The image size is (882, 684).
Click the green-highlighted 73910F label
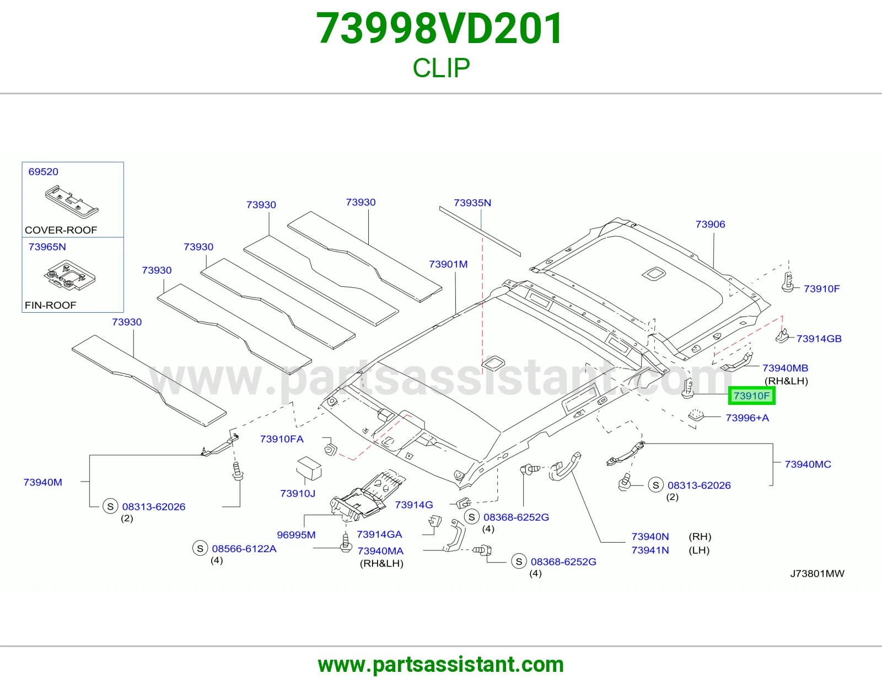point(752,396)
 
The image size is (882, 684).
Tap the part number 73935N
point(472,202)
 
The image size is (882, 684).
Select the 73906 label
point(711,224)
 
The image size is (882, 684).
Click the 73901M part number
point(448,264)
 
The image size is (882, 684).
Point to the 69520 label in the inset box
point(43,172)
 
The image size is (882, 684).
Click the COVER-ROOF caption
point(61,230)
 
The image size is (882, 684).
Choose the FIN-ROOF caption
point(50,305)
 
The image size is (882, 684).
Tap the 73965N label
point(47,247)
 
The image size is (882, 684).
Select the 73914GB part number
point(819,339)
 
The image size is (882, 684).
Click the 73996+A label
point(747,418)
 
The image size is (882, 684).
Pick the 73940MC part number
point(808,464)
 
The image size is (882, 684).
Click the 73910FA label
point(282,439)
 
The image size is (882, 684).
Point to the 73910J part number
point(298,494)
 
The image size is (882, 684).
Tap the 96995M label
point(296,535)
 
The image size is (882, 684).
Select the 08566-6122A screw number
point(244,549)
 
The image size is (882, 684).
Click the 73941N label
point(650,551)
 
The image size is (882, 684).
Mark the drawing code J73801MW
point(817,574)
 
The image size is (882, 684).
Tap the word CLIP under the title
point(441,68)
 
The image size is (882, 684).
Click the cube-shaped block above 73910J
point(309,468)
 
